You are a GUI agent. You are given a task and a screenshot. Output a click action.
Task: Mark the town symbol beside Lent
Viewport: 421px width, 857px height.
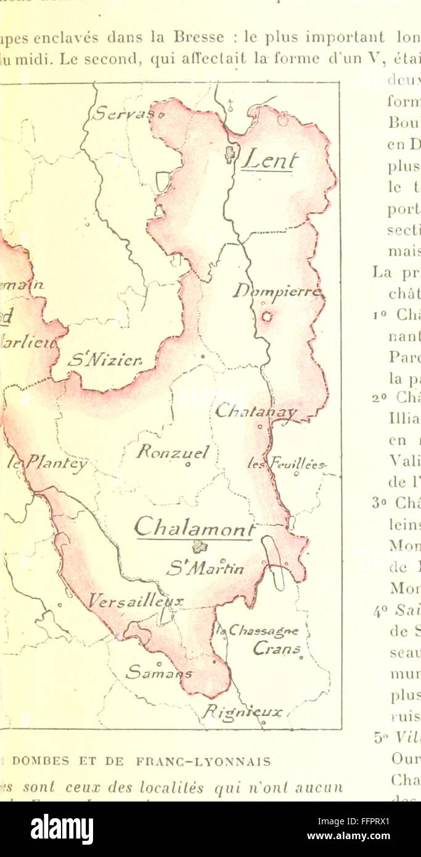click(x=231, y=154)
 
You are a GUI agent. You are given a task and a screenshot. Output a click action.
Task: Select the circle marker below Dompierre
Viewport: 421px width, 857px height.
click(x=266, y=316)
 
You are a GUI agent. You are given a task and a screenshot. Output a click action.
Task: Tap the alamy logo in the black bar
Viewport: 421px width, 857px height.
click(x=62, y=829)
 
